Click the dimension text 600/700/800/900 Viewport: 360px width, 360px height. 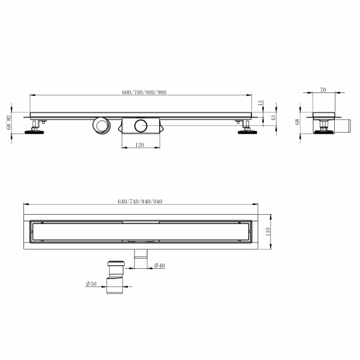coord(144,92)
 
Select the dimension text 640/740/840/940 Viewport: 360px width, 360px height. coord(140,202)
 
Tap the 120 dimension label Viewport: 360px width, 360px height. coord(140,145)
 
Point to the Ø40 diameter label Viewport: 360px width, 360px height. coord(160,265)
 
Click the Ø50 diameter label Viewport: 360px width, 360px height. coord(91,284)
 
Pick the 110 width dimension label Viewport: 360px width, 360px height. coord(268,232)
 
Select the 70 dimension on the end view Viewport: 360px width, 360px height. coord(323,90)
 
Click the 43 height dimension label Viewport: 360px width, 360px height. coord(273,118)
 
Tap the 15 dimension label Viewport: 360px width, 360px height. coord(260,103)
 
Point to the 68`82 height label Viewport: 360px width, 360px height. coord(9,122)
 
